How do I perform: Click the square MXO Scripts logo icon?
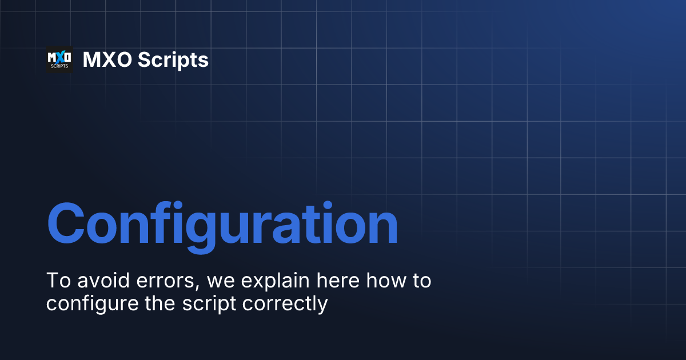pyautogui.click(x=59, y=59)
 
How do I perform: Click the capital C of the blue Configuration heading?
pyautogui.click(x=69, y=222)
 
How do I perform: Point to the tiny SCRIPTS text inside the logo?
pyautogui.click(x=59, y=66)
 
